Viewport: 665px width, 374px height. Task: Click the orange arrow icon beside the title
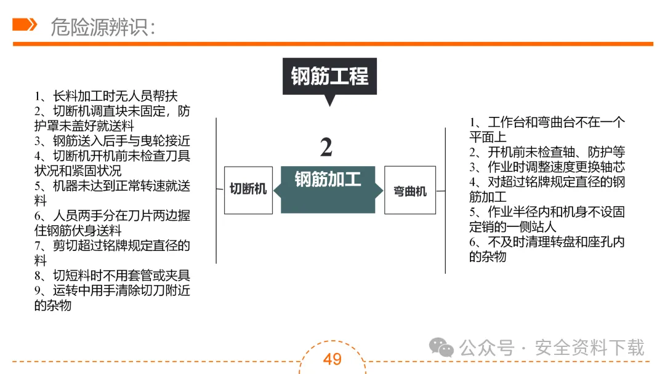(x=25, y=24)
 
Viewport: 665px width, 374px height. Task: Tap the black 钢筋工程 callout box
(x=329, y=76)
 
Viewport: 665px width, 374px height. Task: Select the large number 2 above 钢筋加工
(x=326, y=147)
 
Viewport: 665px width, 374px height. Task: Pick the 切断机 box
(x=248, y=189)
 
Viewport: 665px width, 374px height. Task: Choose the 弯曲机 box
(x=410, y=190)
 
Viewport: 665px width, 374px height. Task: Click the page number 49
(x=332, y=359)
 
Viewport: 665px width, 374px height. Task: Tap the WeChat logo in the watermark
(x=441, y=348)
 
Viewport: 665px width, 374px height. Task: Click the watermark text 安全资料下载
(x=589, y=348)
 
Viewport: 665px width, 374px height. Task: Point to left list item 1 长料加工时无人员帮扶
(x=106, y=96)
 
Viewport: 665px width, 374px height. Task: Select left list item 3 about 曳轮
(x=112, y=141)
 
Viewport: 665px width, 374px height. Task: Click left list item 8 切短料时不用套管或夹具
(x=112, y=275)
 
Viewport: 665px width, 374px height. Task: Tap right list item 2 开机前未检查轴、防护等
(x=547, y=152)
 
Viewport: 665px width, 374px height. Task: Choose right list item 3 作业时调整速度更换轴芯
(x=547, y=167)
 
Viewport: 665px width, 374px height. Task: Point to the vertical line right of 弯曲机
(x=445, y=201)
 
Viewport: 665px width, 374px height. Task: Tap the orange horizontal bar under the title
(x=332, y=44)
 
